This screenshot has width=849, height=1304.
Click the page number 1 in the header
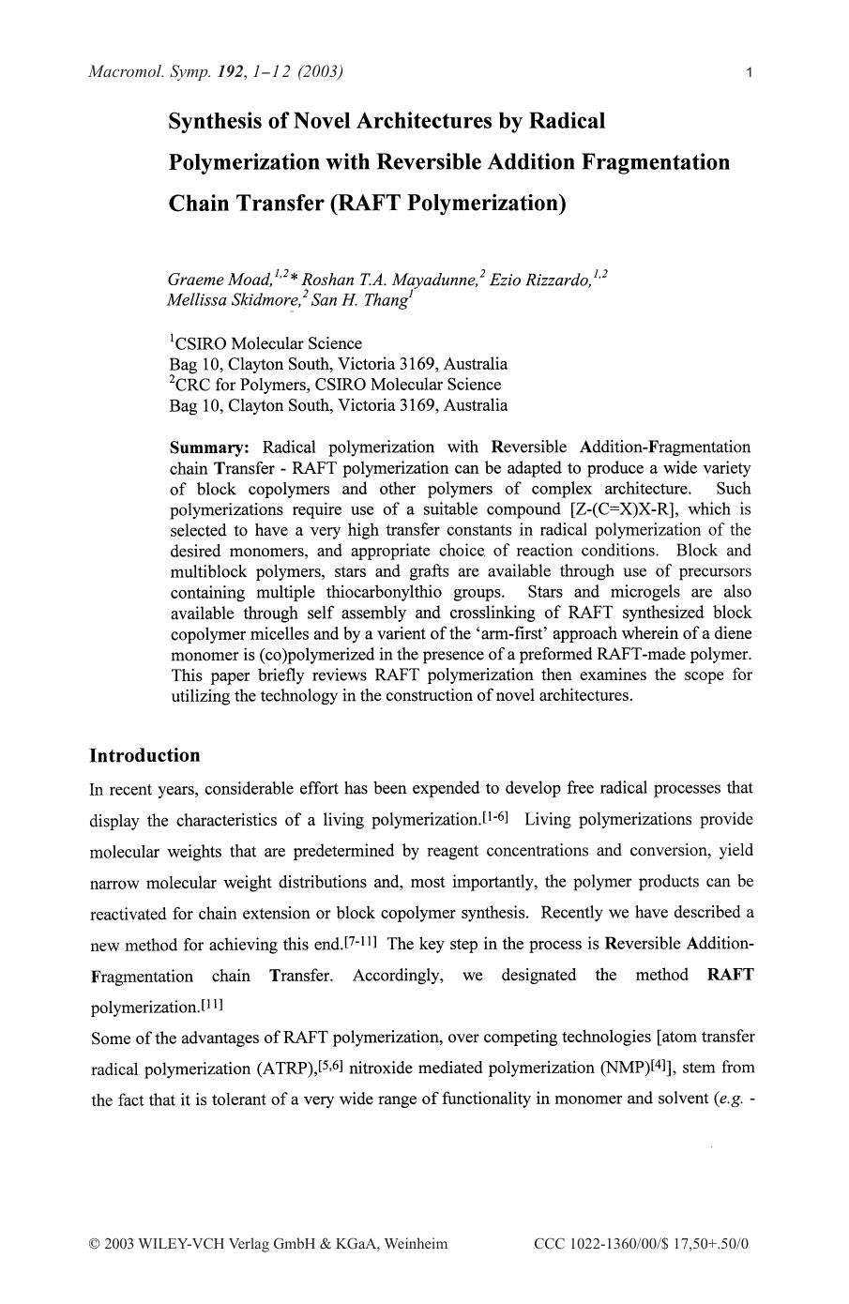(749, 72)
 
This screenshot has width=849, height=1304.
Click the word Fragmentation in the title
(654, 162)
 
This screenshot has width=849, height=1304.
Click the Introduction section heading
(144, 756)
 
